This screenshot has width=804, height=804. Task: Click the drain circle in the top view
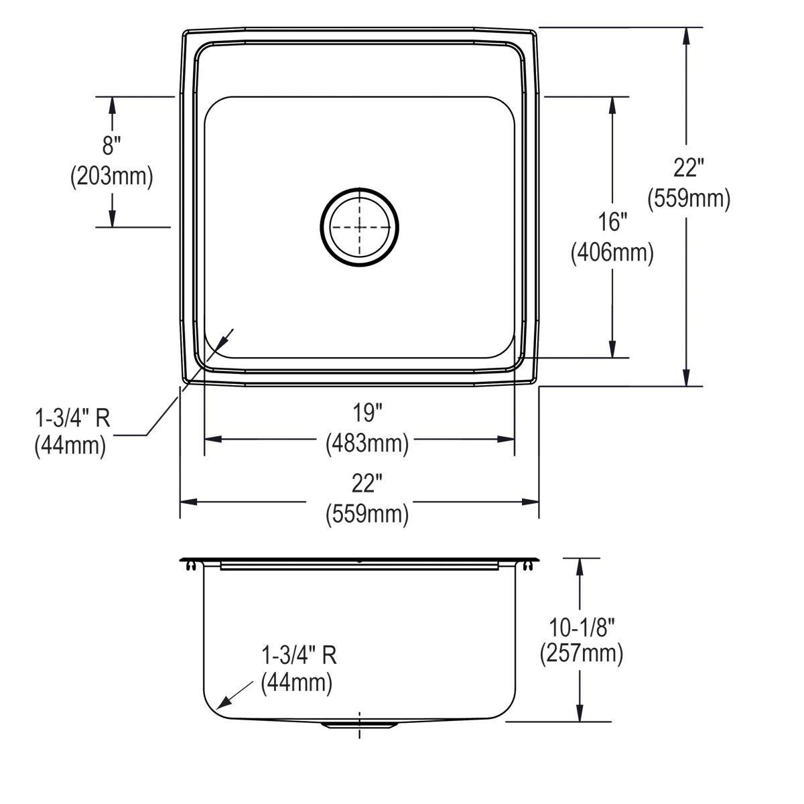pos(359,227)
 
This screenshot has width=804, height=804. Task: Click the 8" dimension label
pos(112,144)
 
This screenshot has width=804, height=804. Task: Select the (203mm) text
pos(112,176)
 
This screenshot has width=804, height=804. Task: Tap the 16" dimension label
pos(612,220)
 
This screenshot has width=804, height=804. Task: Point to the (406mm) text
pos(612,253)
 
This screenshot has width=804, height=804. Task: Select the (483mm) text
pos(366,443)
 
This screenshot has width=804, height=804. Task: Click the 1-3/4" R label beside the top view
pos(72,418)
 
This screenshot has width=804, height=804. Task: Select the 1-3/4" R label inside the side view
pos(298,655)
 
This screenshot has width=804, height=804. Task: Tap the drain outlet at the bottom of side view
pos(360,725)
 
